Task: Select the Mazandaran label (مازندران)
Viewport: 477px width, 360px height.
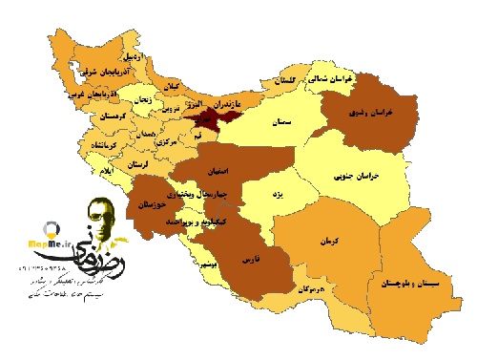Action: (228, 99)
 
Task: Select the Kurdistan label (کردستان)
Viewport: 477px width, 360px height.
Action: (112, 116)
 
